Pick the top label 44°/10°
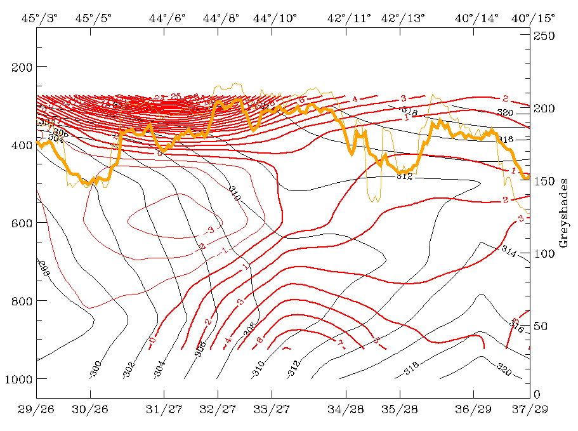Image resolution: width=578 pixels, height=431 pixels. click(x=275, y=18)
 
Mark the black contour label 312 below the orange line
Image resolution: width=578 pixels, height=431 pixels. click(x=405, y=176)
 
